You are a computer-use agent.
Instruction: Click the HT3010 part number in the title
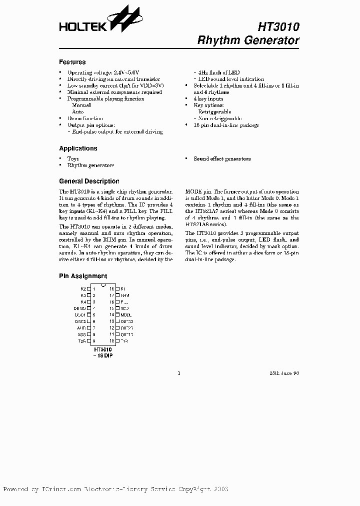pyautogui.click(x=279, y=26)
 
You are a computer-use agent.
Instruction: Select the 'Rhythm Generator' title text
pyautogui.click(x=248, y=40)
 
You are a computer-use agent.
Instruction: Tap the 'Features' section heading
pyautogui.click(x=72, y=62)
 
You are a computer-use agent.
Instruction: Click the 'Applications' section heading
pyautogui.click(x=78, y=148)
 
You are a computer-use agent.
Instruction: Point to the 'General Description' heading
pyautogui.click(x=89, y=181)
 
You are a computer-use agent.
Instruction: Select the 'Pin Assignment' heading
pyautogui.click(x=83, y=276)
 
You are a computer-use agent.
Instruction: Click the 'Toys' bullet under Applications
pyautogui.click(x=73, y=158)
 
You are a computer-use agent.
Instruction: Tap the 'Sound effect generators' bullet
pyautogui.click(x=222, y=158)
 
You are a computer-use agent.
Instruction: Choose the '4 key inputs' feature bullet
pyautogui.click(x=208, y=99)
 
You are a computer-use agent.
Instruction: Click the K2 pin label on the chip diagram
pyautogui.click(x=83, y=289)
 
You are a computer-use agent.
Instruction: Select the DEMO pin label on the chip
pyautogui.click(x=80, y=308)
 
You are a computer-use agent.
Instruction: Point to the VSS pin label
pyautogui.click(x=81, y=334)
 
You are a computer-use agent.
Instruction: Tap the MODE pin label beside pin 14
pyautogui.click(x=126, y=315)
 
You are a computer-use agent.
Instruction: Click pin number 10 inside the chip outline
pyautogui.click(x=112, y=341)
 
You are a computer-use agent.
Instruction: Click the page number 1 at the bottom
pyautogui.click(x=179, y=373)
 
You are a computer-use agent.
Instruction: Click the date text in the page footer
pyautogui.click(x=287, y=373)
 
